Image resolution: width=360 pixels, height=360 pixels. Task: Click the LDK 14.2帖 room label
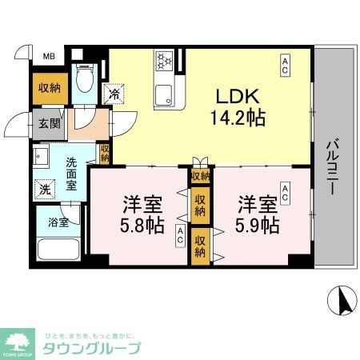[238, 106]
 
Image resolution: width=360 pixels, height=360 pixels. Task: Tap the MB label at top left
[49, 57]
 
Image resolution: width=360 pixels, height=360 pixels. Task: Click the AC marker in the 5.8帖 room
[181, 235]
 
